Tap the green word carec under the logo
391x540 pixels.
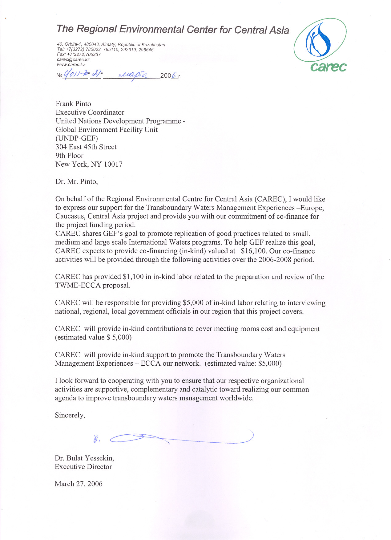tap(328, 67)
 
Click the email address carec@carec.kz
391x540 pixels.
tap(73, 59)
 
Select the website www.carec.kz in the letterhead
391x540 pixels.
tap(71, 65)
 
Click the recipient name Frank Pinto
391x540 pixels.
tap(73, 104)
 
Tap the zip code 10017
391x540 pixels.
tap(113, 164)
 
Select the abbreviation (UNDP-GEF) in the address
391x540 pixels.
tap(77, 138)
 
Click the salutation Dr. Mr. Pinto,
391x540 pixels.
tap(76, 181)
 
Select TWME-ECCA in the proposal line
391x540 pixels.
tap(78, 285)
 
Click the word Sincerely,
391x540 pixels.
tap(70, 415)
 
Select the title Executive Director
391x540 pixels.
tap(83, 467)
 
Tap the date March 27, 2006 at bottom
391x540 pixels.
tap(79, 484)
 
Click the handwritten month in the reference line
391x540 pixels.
tap(132, 75)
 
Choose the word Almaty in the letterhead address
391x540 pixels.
tap(108, 45)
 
